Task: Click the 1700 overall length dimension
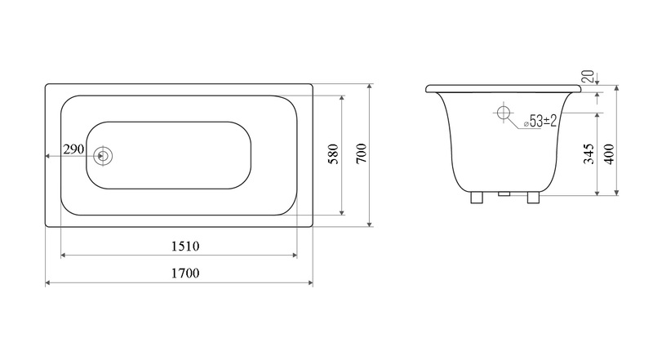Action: pos(185,273)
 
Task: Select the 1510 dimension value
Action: pos(185,247)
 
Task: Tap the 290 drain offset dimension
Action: pos(73,149)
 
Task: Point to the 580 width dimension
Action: pos(334,153)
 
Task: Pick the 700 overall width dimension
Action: pos(362,153)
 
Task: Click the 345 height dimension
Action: pos(589,153)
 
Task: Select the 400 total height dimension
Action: pos(609,153)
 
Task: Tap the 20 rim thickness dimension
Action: pos(588,76)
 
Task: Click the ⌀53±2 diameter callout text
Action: pos(540,122)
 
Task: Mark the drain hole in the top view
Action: pos(103,156)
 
